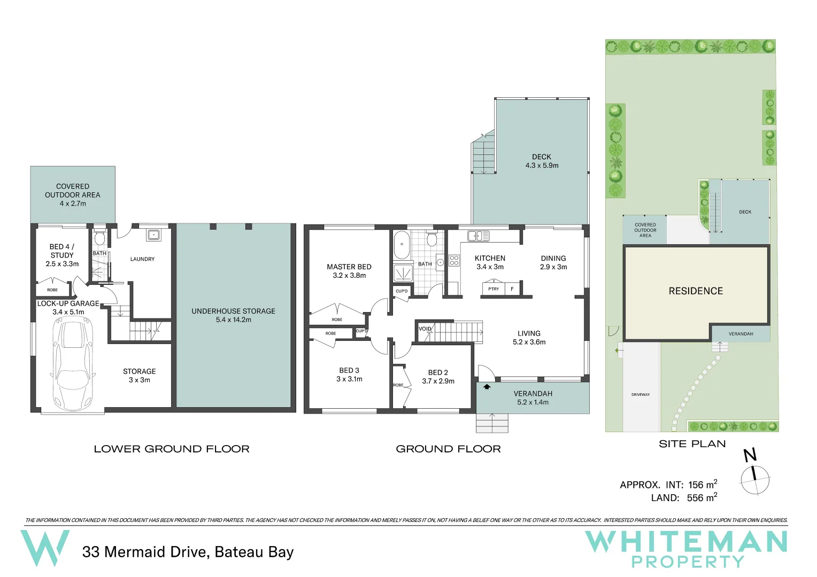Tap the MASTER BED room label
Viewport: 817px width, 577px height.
349,267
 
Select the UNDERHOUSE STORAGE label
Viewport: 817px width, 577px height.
233,311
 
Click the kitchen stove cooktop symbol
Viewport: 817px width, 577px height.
454,260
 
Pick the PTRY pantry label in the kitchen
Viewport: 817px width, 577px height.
494,289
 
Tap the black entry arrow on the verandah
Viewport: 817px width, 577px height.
487,386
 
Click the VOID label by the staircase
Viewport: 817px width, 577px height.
425,329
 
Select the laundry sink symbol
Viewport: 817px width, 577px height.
153,235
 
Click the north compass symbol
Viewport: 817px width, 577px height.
754,479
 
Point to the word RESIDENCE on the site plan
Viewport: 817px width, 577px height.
695,291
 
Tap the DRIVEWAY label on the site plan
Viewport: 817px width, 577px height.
640,395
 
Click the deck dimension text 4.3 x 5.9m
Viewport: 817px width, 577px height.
542,166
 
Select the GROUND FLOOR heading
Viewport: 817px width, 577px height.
448,449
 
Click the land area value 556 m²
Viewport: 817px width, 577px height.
702,497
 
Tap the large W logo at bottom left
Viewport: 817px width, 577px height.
45,547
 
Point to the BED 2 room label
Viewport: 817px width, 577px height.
438,372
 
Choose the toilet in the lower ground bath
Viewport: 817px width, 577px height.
99,238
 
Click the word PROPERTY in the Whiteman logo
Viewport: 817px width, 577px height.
688,562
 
